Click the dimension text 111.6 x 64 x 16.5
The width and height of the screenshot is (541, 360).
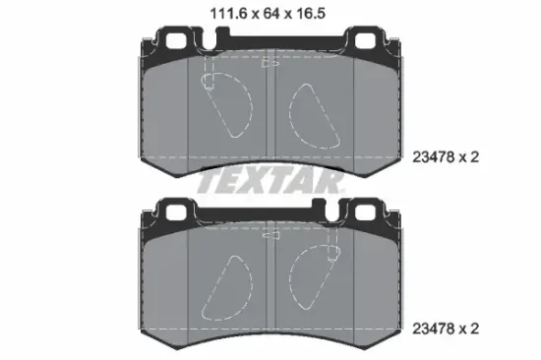coord(268,14)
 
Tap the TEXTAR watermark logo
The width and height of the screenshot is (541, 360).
coord(270,182)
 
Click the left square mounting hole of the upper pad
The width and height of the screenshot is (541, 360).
coord(176,40)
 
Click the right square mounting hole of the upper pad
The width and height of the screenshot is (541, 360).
coord(365,40)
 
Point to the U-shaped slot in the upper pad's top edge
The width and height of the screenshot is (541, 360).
coord(210,40)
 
